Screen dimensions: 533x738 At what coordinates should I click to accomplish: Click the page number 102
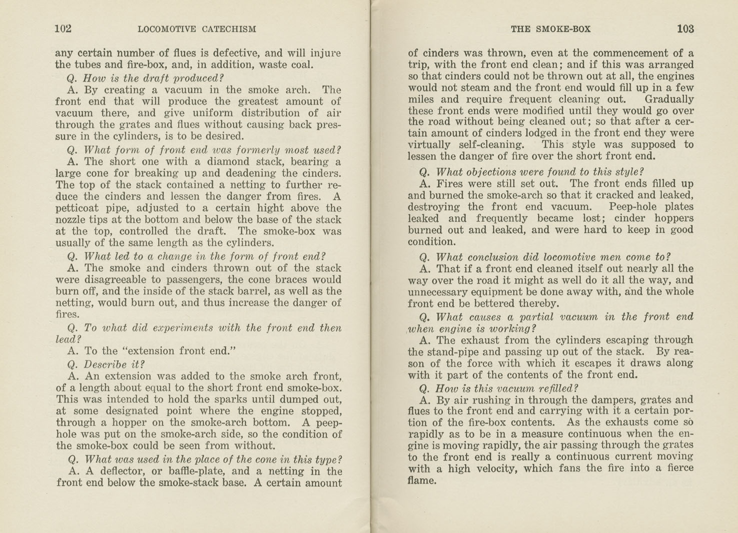(x=63, y=29)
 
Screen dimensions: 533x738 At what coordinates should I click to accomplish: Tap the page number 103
(x=685, y=29)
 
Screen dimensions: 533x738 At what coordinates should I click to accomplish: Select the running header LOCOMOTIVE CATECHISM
(x=197, y=29)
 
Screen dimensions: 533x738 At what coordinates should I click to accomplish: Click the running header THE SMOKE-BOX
(x=550, y=29)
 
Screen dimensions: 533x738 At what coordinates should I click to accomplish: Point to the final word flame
(x=422, y=480)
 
